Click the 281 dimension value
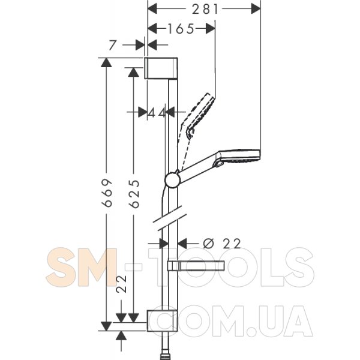point(205,9)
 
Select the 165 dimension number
point(181,29)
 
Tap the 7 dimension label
point(113,45)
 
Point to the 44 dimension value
point(157,113)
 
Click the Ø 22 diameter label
point(222,244)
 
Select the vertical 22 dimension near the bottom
point(121,284)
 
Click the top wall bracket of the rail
point(161,68)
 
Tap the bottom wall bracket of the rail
point(162,321)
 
